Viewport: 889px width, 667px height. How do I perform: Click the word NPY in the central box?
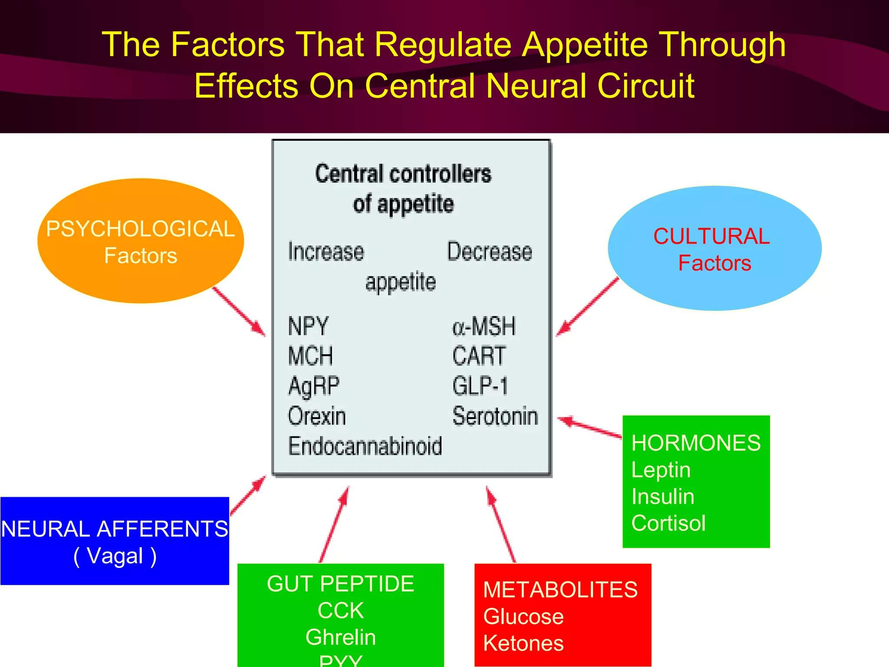pyautogui.click(x=308, y=326)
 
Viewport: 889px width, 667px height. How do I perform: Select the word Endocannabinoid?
pyautogui.click(x=365, y=446)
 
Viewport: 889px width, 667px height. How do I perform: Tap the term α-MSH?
pyautogui.click(x=484, y=326)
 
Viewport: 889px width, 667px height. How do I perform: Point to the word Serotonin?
pyautogui.click(x=495, y=416)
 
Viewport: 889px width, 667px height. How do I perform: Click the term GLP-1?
pyautogui.click(x=480, y=386)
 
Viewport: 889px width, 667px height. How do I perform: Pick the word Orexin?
pyautogui.click(x=317, y=416)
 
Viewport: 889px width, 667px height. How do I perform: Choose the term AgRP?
pyautogui.click(x=314, y=386)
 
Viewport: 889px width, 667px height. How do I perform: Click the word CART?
pyautogui.click(x=479, y=356)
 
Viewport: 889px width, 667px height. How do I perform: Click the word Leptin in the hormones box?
pyautogui.click(x=661, y=470)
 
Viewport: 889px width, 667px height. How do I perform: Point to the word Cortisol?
pyautogui.click(x=668, y=523)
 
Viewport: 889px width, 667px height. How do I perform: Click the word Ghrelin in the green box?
pyautogui.click(x=341, y=637)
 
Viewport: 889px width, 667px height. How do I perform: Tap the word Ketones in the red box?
pyautogui.click(x=523, y=643)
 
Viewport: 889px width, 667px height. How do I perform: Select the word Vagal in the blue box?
pyautogui.click(x=115, y=556)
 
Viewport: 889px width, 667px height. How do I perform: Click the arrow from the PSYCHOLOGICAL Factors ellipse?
pyautogui.click(x=239, y=311)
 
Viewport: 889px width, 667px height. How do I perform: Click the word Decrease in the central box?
pyautogui.click(x=490, y=251)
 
